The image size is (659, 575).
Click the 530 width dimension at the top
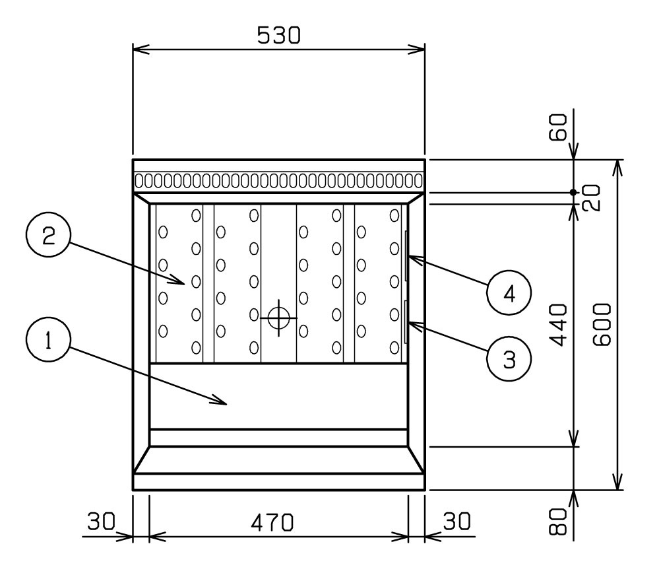point(278,36)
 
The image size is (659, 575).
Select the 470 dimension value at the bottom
point(272,523)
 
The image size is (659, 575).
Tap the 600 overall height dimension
point(602,325)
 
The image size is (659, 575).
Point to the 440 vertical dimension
point(559,325)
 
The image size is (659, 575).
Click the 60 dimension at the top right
point(559,127)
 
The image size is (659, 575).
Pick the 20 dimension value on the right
point(592,197)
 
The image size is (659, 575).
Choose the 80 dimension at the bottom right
point(559,522)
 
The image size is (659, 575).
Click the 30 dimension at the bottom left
point(102,522)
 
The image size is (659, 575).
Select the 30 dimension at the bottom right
point(457,522)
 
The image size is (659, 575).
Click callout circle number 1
point(48,339)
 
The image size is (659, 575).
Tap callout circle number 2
point(48,235)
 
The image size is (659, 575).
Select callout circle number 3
point(509,358)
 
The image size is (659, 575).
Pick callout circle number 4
point(509,292)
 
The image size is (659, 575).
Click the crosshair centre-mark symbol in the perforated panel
point(278,318)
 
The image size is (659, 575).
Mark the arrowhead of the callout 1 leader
point(220,401)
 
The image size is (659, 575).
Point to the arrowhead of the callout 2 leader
point(179,280)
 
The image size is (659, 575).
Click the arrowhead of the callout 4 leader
point(415,259)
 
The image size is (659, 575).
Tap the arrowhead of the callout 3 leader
point(415,325)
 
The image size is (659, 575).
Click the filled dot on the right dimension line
point(573,192)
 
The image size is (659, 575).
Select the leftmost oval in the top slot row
point(139,181)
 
